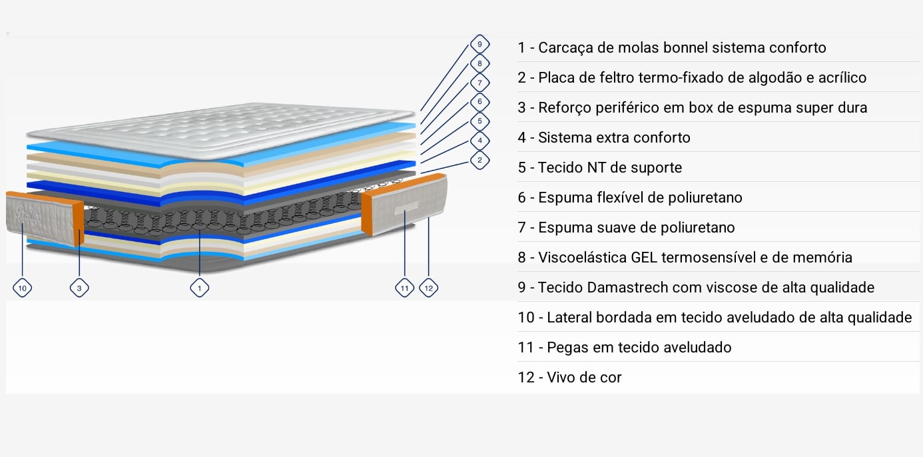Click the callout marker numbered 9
point(479,44)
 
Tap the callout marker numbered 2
point(479,161)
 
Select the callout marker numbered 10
point(22,288)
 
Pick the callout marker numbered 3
point(79,288)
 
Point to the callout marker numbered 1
point(199,288)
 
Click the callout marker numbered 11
point(405,288)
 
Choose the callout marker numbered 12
point(429,288)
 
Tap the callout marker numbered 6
point(479,102)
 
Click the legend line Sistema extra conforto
point(604,138)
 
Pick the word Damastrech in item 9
point(629,288)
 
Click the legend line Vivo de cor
point(570,378)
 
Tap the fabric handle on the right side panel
point(406,209)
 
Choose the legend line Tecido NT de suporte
point(600,168)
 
